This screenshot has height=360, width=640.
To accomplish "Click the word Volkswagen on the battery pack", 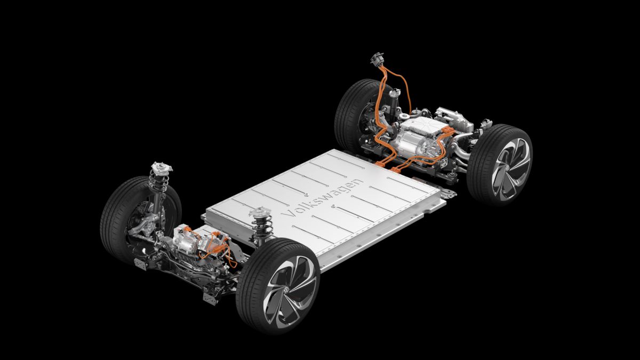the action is [x=322, y=198].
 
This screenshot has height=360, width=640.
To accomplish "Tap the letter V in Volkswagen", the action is [x=287, y=214].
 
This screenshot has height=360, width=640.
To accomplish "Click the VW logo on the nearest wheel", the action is [x=285, y=291].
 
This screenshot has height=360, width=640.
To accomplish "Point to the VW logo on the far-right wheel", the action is [x=508, y=169].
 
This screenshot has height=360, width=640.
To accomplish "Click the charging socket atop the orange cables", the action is [x=377, y=59].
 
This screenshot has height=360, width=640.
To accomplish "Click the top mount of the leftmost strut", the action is [x=162, y=167].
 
